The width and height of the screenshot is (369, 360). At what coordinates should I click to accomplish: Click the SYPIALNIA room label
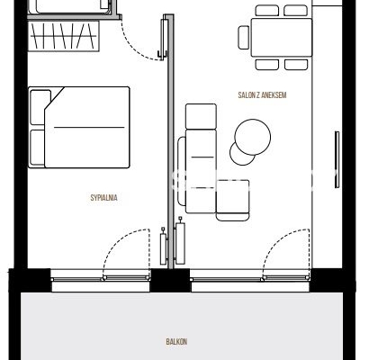tap(103, 198)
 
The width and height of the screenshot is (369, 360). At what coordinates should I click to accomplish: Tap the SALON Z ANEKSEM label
tap(262, 95)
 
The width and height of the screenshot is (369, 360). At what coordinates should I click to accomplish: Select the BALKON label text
tap(176, 341)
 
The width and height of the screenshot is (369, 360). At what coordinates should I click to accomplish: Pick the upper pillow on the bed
tap(40, 107)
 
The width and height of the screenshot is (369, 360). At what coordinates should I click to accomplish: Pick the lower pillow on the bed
tap(38, 148)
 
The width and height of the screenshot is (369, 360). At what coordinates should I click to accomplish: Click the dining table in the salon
tap(282, 38)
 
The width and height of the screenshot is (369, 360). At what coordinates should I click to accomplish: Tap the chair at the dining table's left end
tap(244, 38)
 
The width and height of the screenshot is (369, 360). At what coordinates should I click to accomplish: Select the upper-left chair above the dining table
tap(267, 11)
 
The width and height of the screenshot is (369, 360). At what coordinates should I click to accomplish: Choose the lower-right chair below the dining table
tap(296, 65)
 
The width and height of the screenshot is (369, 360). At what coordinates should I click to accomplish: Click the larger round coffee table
tap(253, 137)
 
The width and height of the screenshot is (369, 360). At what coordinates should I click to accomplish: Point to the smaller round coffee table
tap(241, 154)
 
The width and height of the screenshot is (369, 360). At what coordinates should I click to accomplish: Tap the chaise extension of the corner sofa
tap(233, 200)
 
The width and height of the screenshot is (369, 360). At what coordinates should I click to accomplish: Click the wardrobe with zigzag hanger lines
tap(64, 36)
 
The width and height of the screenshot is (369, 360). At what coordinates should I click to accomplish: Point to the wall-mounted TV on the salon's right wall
tap(337, 159)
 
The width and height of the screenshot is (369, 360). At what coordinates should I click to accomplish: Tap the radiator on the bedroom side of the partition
tap(163, 246)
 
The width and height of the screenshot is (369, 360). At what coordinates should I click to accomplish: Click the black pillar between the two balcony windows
tap(170, 281)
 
